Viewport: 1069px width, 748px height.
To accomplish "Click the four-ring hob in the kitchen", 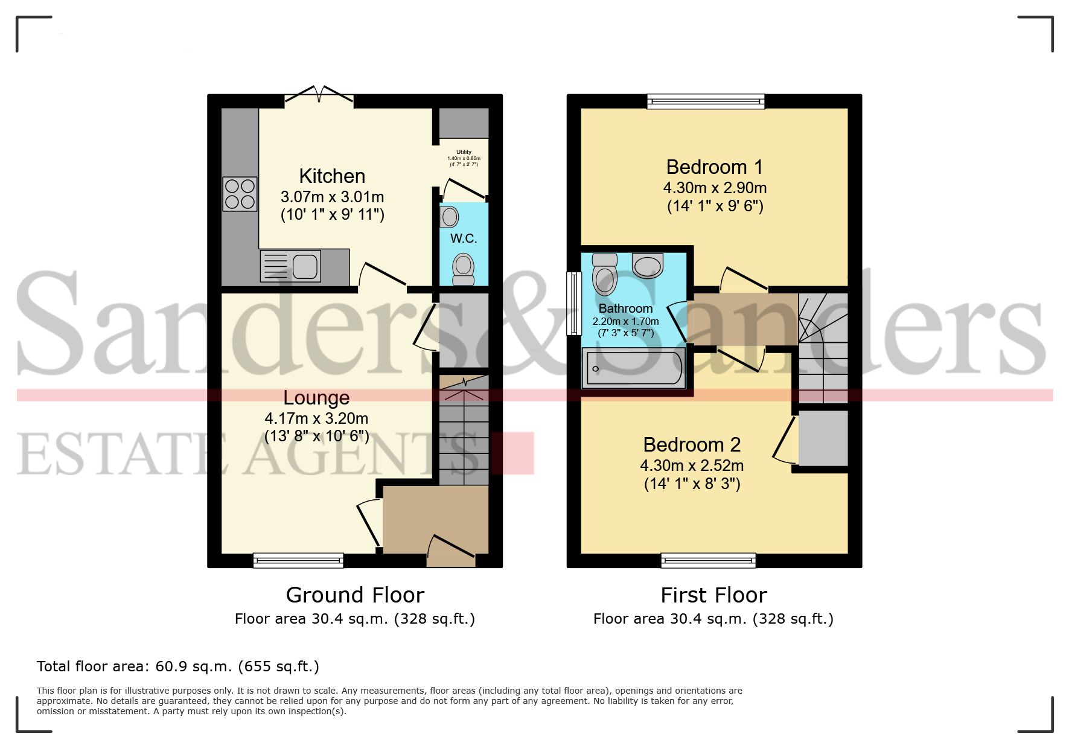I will pos(240,194).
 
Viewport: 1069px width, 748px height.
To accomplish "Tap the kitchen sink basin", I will pos(305,266).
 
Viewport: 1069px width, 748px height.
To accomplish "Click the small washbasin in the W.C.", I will pos(450,216).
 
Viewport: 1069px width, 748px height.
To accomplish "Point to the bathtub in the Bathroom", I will pos(633,368).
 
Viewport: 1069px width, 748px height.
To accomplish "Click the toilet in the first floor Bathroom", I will pos(605,275).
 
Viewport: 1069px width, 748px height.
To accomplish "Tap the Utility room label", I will pos(464,152).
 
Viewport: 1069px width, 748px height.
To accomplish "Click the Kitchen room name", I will pos(332,176).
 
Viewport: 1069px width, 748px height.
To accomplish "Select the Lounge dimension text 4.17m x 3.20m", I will pos(316,418).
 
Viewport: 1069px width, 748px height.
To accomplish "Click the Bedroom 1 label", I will pos(714,167).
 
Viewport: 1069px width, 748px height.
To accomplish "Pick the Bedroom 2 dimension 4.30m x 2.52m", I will pos(692,465).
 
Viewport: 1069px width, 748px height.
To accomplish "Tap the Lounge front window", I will pos(298,561).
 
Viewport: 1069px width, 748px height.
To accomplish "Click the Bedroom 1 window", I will pos(706,101).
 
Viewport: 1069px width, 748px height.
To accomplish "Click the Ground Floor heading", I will pos(355,595).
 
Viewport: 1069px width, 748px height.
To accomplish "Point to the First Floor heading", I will pos(713,595).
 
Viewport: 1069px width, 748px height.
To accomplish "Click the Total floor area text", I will pos(178,666).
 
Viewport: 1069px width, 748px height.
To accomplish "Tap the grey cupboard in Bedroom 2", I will pos(823,438).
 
